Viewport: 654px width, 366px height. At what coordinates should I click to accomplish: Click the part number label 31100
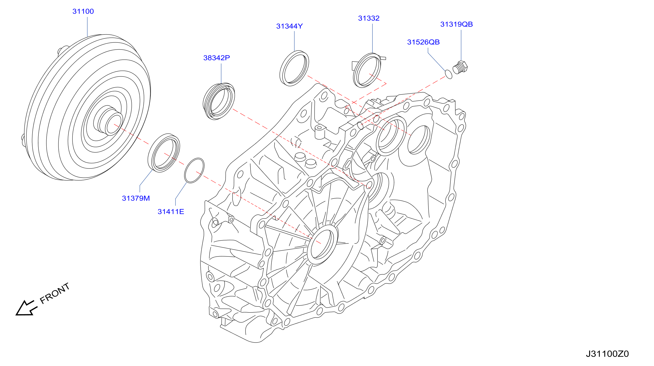pos(83,11)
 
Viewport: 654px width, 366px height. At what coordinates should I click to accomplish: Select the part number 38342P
pos(216,58)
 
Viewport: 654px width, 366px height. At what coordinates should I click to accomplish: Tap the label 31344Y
pos(289,26)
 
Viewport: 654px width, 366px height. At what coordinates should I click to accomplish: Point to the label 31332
pos(369,18)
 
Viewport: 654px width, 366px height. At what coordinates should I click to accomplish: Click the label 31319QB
pos(457,24)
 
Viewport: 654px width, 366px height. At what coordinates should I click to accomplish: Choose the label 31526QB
pos(424,42)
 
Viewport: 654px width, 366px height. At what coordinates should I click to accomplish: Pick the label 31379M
pos(136,198)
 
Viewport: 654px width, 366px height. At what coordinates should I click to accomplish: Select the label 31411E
pos(171,212)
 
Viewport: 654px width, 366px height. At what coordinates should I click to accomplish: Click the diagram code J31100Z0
pos(607,354)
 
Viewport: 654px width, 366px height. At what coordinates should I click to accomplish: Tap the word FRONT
pos(54,293)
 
